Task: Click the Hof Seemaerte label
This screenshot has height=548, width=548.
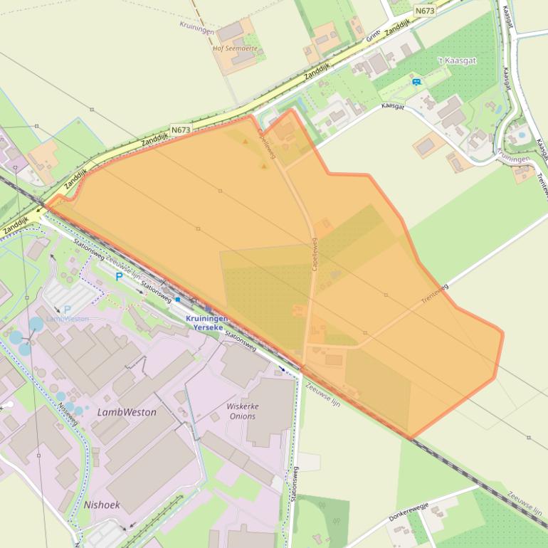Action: pyautogui.click(x=235, y=49)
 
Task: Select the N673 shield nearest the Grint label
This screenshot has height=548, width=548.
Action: pyautogui.click(x=425, y=11)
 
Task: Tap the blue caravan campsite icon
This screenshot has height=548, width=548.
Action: pyautogui.click(x=416, y=82)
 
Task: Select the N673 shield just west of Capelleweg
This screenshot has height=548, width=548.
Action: pyautogui.click(x=181, y=130)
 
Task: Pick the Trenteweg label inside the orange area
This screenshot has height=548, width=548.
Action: pyautogui.click(x=434, y=293)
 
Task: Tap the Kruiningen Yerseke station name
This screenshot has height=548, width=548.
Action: pyautogui.click(x=206, y=324)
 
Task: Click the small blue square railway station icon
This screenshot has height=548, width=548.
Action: pyautogui.click(x=177, y=300)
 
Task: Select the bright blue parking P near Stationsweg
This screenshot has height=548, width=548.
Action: pyautogui.click(x=118, y=277)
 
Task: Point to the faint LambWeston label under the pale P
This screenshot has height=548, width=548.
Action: pyautogui.click(x=68, y=319)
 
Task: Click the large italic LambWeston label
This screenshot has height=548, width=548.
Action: pyautogui.click(x=127, y=412)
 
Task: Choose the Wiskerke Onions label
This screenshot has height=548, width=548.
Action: pyautogui.click(x=242, y=411)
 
